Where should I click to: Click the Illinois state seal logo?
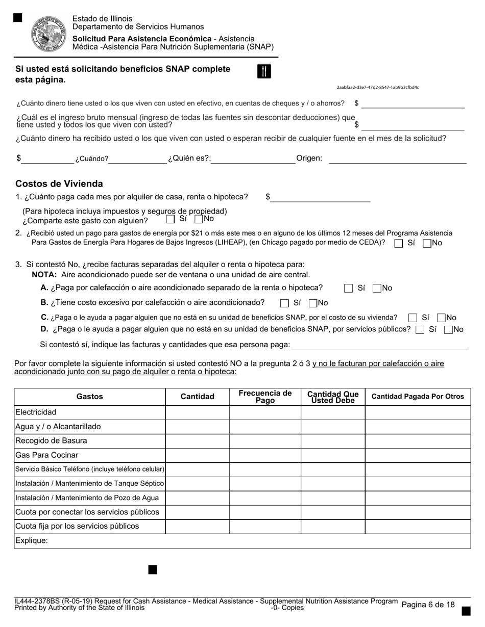point(50,34)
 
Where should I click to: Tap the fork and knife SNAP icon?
point(263,71)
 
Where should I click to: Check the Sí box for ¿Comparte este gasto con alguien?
point(171,219)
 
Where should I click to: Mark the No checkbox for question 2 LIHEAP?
point(427,244)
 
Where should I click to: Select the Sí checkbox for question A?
point(348,289)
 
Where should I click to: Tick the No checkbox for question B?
point(313,303)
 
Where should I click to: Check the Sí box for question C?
point(413,318)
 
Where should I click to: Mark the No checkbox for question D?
point(449,330)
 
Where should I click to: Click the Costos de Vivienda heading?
point(59,184)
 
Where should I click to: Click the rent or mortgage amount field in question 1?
point(320,197)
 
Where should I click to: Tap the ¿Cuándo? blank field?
point(138,159)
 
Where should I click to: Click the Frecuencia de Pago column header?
point(265,397)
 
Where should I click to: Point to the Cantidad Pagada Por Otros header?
point(418,397)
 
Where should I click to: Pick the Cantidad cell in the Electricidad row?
point(197,412)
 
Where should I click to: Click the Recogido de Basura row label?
point(51,441)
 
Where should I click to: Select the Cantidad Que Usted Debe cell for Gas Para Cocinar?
point(332,455)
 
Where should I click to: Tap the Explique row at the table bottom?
point(242,541)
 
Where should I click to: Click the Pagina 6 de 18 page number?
point(428,605)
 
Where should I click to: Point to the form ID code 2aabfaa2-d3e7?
point(378,88)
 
